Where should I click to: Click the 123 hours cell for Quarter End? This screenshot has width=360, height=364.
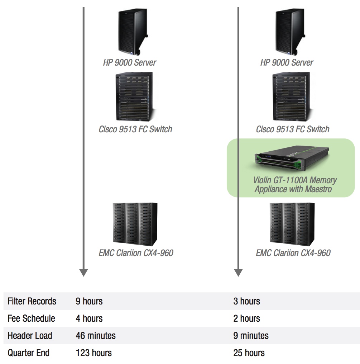[93, 353]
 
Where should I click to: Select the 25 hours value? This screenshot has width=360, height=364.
[249, 353]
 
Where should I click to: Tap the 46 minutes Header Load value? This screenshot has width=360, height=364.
[96, 336]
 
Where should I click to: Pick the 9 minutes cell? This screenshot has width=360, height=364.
[251, 336]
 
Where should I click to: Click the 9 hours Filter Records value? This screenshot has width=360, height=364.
[89, 301]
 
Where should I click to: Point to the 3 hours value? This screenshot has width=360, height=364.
[247, 301]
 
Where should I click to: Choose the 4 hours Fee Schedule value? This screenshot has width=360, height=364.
[89, 318]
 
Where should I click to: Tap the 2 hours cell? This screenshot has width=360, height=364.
[247, 318]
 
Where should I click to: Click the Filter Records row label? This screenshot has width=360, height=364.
[32, 301]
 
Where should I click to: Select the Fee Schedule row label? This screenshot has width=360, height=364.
[32, 318]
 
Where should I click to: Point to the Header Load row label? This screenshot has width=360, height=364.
[30, 336]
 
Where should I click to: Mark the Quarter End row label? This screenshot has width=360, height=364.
[29, 353]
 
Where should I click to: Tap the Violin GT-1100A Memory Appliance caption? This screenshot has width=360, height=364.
[295, 184]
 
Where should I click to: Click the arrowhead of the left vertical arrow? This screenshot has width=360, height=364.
[83, 272]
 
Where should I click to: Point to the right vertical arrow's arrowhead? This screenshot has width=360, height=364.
[238, 272]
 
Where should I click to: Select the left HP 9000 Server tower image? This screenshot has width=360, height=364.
[133, 31]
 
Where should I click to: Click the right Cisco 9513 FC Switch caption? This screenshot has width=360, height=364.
[293, 129]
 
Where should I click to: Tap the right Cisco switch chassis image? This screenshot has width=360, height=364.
[292, 97]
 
